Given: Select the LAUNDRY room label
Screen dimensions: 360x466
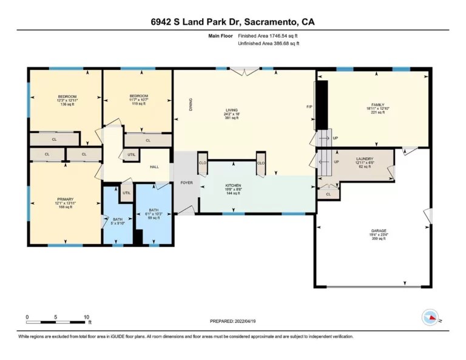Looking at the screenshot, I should pos(364,158).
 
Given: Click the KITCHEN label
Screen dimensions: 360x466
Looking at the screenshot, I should pos(234,185).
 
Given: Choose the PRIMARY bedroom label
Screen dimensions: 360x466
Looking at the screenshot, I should pos(65,199).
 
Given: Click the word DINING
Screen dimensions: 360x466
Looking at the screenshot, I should pos(191,104).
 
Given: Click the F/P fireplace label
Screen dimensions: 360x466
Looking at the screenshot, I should pos(309,107).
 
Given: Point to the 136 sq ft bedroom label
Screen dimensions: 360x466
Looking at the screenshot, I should pos(67,97).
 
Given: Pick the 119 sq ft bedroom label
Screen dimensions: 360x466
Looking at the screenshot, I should pos(138,96).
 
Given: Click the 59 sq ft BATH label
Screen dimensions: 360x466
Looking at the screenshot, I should pos(154,210).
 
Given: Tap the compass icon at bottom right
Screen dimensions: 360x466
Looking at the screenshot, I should pos(430,317).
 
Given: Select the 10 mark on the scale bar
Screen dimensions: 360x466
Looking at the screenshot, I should pos(87,316).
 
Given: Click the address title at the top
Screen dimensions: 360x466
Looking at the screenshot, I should pos(232,22).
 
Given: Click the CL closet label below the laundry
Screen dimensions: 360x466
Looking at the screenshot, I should pos(328,194).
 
